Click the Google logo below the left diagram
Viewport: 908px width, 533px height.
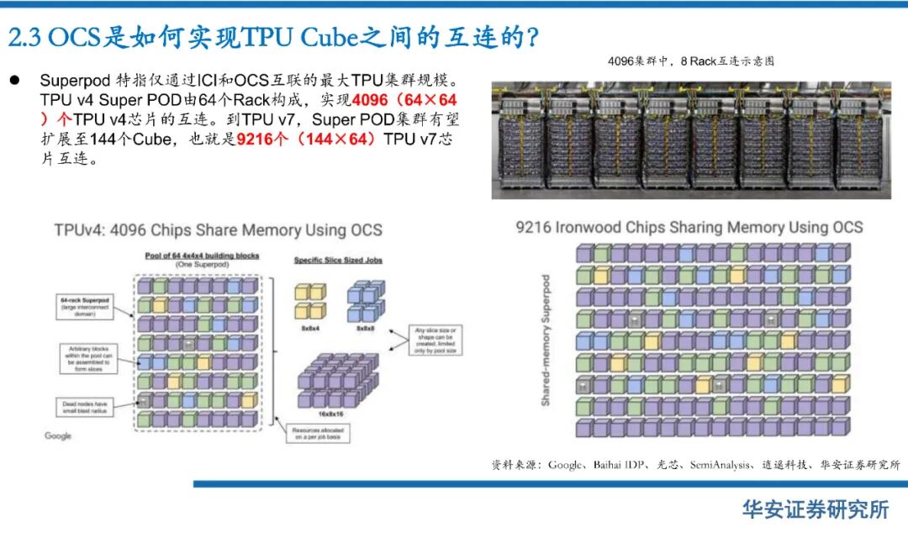(58, 435)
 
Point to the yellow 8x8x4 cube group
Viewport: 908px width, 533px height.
(309, 301)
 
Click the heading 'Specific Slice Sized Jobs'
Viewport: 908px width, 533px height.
(338, 261)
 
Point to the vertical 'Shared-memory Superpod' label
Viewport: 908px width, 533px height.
(546, 340)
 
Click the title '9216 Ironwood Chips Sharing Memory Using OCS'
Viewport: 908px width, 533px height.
(689, 227)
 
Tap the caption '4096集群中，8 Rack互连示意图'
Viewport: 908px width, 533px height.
(690, 61)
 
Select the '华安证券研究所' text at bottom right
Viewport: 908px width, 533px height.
(815, 508)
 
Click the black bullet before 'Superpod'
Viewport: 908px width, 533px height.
(14, 81)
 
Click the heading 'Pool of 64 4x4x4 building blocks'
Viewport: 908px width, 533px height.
(202, 255)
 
